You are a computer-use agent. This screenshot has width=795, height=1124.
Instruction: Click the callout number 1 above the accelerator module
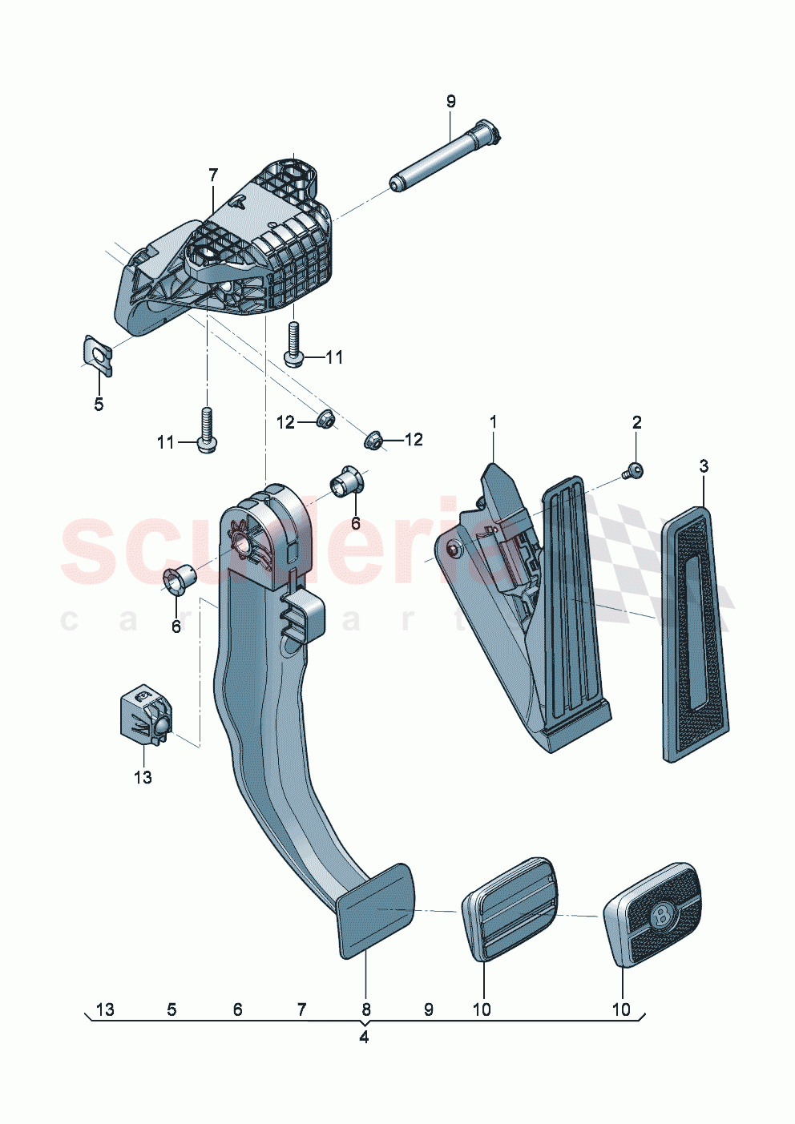494,421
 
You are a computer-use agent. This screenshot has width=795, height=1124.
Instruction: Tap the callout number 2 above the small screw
637,422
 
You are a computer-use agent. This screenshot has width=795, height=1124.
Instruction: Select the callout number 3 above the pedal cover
704,465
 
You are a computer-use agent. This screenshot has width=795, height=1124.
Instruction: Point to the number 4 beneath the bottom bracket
364,1037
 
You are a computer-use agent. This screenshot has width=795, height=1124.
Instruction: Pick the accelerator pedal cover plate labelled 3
695,633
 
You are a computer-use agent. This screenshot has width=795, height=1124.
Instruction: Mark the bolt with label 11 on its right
293,344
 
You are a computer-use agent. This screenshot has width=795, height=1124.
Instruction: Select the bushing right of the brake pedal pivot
348,482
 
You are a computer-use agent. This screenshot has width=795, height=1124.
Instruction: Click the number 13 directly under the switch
143,777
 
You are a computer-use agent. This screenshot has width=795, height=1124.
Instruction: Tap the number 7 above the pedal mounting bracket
213,175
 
